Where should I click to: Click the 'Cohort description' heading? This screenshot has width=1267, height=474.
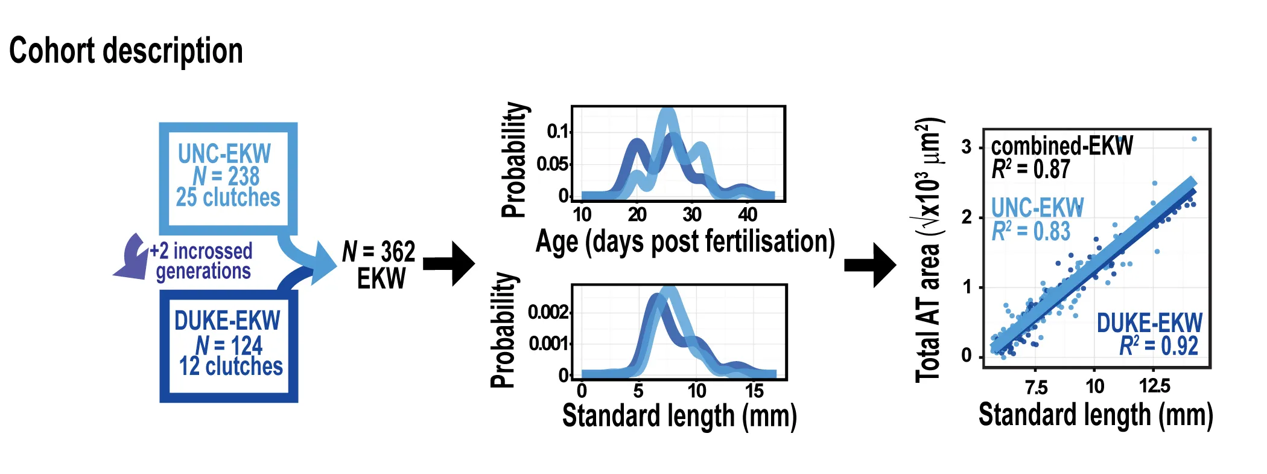tap(125, 51)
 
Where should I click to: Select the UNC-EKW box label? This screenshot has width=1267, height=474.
tap(224, 153)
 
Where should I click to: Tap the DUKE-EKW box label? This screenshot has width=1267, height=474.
tap(227, 321)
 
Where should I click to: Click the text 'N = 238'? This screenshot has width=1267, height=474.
tap(226, 176)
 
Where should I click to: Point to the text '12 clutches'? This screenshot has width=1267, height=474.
tap(230, 367)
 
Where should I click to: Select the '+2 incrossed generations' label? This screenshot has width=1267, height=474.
tap(202, 261)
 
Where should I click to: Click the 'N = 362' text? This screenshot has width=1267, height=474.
tap(379, 252)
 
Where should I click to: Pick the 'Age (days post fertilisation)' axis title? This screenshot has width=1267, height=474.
tap(685, 242)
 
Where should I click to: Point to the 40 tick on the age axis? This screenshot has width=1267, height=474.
tap(748, 214)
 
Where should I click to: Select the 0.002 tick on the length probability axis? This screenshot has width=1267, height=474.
tap(547, 312)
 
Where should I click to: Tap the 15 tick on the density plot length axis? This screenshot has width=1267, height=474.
tap(754, 391)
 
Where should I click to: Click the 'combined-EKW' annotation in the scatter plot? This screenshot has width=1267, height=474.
tap(1062, 146)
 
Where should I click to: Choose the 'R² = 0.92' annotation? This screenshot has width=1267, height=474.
tap(1158, 346)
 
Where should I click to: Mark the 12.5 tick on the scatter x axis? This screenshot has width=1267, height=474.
tap(1154, 386)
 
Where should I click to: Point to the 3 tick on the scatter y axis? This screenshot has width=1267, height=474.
tap(967, 147)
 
